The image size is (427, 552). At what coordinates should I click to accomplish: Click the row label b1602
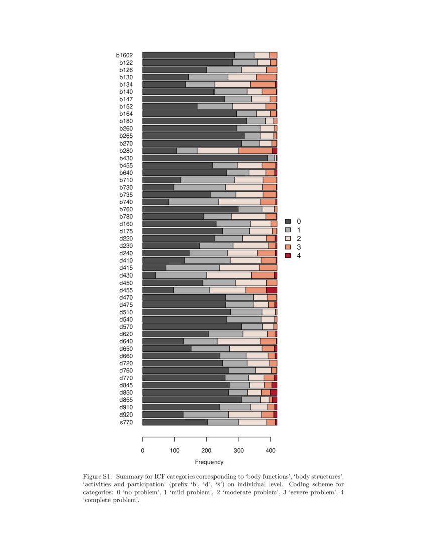[x=124, y=55]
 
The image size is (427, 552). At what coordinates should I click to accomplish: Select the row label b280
[x=126, y=151]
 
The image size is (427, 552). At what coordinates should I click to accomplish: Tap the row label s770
[x=126, y=422]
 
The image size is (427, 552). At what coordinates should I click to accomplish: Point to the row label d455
[x=126, y=290]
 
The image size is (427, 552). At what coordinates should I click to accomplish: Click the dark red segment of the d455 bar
[x=271, y=290]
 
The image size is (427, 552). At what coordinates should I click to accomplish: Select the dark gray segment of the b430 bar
[x=205, y=158]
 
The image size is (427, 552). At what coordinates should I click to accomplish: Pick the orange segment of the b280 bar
[x=255, y=151]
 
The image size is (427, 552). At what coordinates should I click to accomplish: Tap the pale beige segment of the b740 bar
[x=239, y=202]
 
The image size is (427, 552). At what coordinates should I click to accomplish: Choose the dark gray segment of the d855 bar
[x=192, y=400]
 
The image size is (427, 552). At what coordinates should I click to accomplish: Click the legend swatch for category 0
[x=288, y=221]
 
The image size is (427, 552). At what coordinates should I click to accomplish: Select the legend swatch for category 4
[x=288, y=256]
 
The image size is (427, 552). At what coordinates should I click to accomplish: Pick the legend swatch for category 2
[x=288, y=238]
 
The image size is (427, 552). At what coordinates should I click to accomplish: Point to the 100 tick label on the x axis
[x=174, y=451]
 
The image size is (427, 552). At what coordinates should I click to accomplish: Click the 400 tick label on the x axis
[x=270, y=451]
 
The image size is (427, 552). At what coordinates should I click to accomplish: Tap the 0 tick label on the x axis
[x=143, y=451]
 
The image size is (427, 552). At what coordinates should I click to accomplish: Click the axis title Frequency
[x=209, y=462]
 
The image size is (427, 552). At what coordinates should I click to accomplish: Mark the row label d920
[x=126, y=415]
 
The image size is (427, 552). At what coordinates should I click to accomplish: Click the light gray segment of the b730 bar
[x=199, y=187]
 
